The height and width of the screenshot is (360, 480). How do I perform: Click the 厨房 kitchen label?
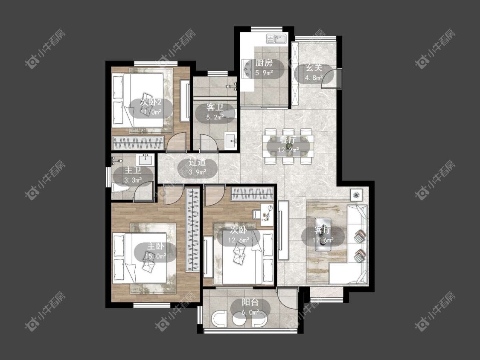264,63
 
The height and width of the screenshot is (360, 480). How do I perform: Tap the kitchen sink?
276,39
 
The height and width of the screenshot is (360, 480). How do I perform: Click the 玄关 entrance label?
314,68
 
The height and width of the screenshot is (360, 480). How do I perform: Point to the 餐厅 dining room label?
288,140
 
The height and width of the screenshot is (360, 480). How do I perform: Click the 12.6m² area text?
239,240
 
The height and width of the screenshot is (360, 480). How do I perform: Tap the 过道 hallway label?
198,162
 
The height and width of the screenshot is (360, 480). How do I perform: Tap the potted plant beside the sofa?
356,195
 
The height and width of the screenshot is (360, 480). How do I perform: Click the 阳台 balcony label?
250,302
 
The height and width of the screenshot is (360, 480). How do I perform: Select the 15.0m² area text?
155,256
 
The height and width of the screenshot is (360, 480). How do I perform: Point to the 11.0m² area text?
151,112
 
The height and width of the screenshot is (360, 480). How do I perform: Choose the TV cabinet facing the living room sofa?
283,230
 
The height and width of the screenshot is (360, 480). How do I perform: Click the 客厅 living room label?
323,230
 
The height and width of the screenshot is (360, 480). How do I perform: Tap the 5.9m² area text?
264,73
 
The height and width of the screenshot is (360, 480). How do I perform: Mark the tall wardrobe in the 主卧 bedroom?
192,229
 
